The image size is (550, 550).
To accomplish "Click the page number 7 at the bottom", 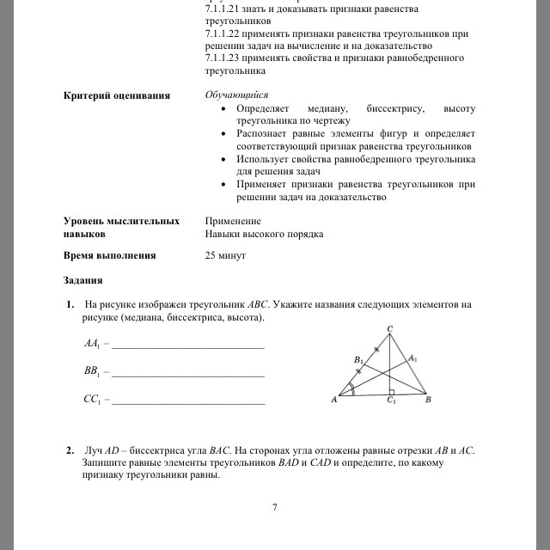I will (274, 507).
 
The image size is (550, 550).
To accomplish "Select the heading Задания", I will (82, 280).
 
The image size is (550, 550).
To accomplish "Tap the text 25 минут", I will (226, 255).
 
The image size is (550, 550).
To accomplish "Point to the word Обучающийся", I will (237, 95).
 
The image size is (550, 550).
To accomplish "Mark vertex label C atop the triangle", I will (390, 329).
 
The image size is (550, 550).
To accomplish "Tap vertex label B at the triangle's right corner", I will (428, 400).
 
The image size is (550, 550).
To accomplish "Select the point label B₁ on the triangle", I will (358, 359).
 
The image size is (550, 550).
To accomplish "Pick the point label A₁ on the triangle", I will (412, 358).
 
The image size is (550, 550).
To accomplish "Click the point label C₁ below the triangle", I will (391, 401).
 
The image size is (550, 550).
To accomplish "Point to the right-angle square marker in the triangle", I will (391, 391).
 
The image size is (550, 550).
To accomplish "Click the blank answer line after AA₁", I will (188, 347).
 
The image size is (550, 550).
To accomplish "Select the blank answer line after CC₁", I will (188, 402).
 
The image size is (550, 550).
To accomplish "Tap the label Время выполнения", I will (110, 255).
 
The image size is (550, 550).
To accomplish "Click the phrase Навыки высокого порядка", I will (264, 234).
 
